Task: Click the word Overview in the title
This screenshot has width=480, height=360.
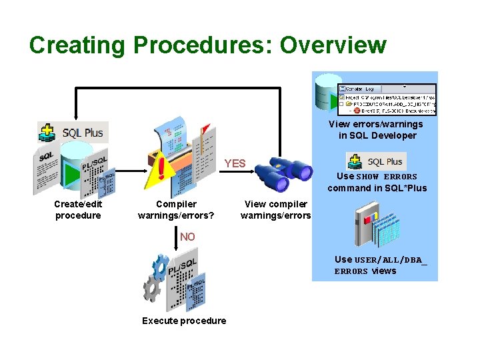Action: tap(333, 45)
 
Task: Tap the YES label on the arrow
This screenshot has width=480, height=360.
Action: tap(235, 163)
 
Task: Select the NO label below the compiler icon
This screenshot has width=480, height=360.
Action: tap(187, 237)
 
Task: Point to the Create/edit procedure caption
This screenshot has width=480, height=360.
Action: tap(78, 210)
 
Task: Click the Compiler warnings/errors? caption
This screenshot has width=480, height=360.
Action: tap(176, 210)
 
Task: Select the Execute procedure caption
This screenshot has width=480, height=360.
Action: tap(184, 321)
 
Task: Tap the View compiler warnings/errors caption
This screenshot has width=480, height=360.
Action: tap(275, 210)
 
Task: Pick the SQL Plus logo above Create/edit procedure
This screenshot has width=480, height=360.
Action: tap(73, 132)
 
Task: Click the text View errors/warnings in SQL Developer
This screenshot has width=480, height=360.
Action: tap(375, 130)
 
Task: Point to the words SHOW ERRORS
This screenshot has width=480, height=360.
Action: tap(387, 177)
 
